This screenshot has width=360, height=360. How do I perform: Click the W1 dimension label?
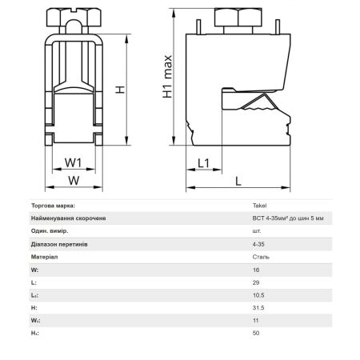tap(74, 162)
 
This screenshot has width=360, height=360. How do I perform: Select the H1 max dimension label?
tap(168, 77)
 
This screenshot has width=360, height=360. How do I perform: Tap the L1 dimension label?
tap(204, 163)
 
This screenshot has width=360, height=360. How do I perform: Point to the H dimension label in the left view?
tap(120, 90)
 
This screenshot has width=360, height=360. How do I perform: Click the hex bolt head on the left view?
tap(74, 17)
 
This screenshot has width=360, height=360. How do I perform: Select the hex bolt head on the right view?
tap(238, 18)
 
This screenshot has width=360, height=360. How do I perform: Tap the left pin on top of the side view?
tap(198, 27)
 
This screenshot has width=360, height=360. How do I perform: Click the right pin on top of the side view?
tap(278, 27)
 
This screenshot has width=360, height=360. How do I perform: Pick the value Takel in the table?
tap(259, 206)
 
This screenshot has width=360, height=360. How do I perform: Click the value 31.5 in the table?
tap(258, 308)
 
